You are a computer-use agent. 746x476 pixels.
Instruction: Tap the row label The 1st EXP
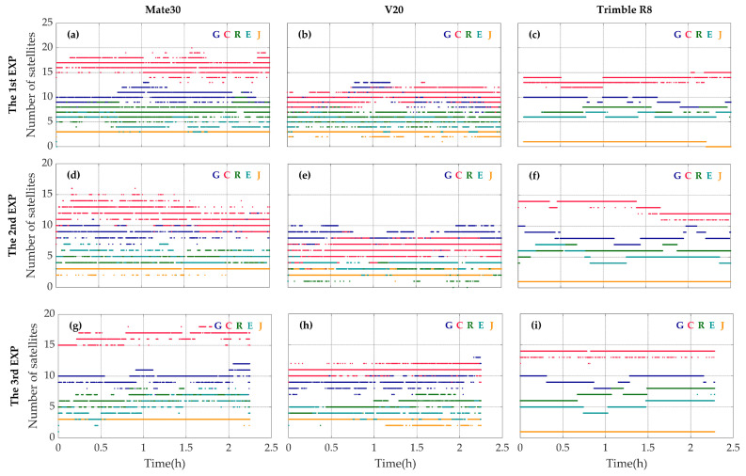point(12,82)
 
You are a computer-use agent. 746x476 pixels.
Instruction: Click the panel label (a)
point(73,35)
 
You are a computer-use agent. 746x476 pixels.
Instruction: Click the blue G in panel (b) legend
point(448,35)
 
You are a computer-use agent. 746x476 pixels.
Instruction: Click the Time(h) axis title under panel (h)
point(394,464)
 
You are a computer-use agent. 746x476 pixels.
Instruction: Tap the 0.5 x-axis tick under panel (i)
point(562,448)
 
